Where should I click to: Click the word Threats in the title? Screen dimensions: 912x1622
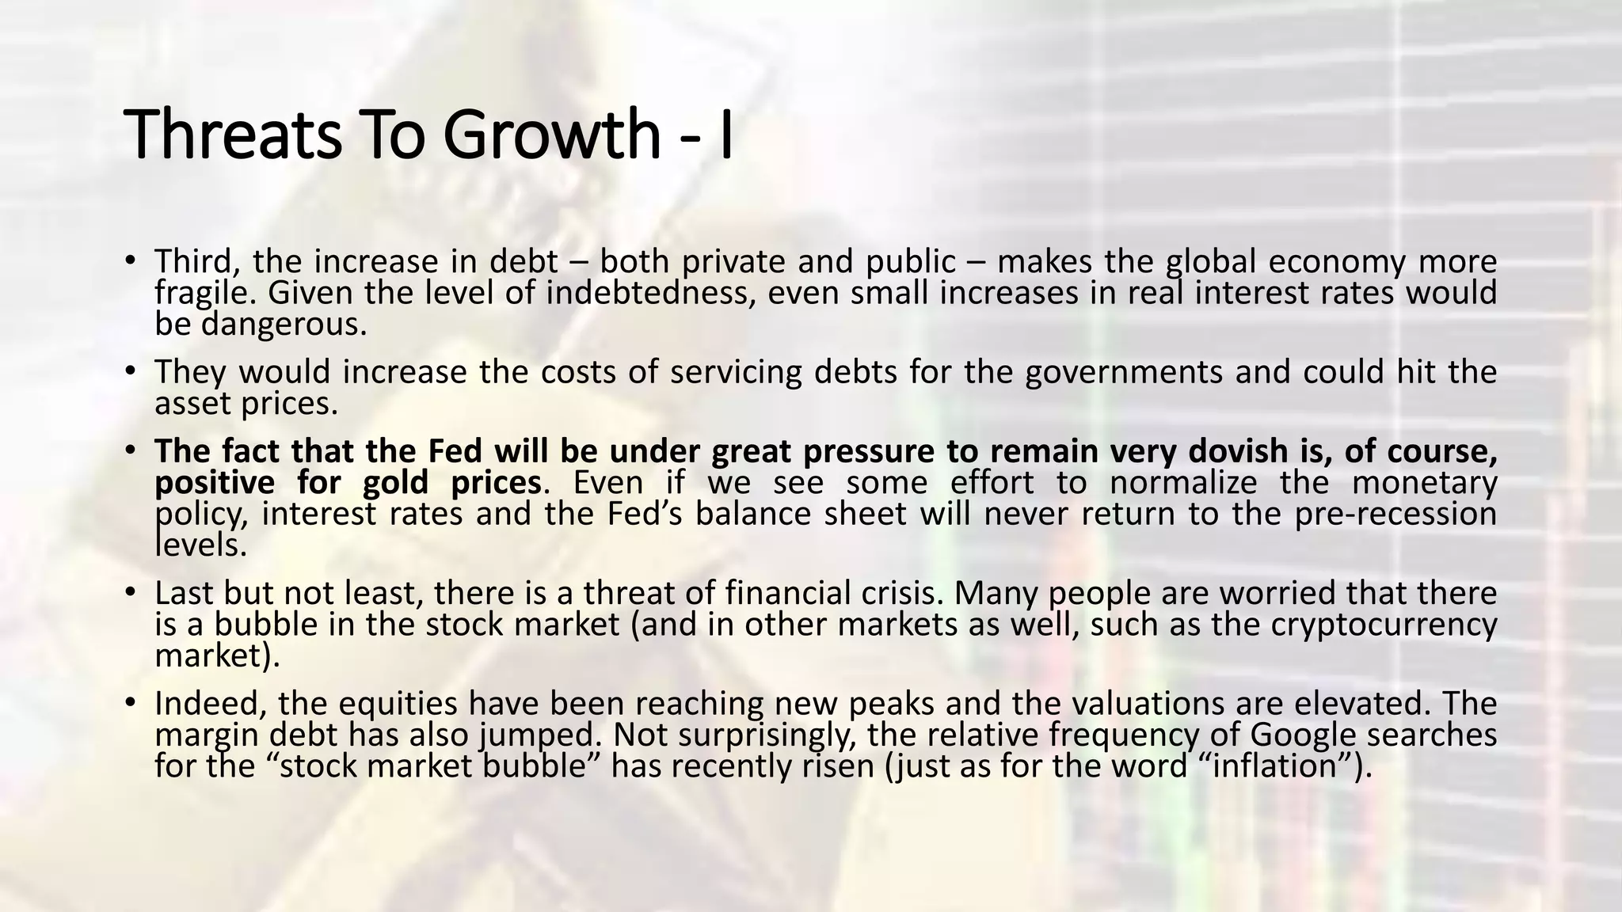click(234, 135)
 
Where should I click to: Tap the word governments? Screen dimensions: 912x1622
click(1124, 372)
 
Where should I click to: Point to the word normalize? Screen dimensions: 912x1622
click(1183, 483)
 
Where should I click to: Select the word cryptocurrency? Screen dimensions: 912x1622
click(1384, 625)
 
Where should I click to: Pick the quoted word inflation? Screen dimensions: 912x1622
click(1279, 766)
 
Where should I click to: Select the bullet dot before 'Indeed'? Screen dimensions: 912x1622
click(131, 702)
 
